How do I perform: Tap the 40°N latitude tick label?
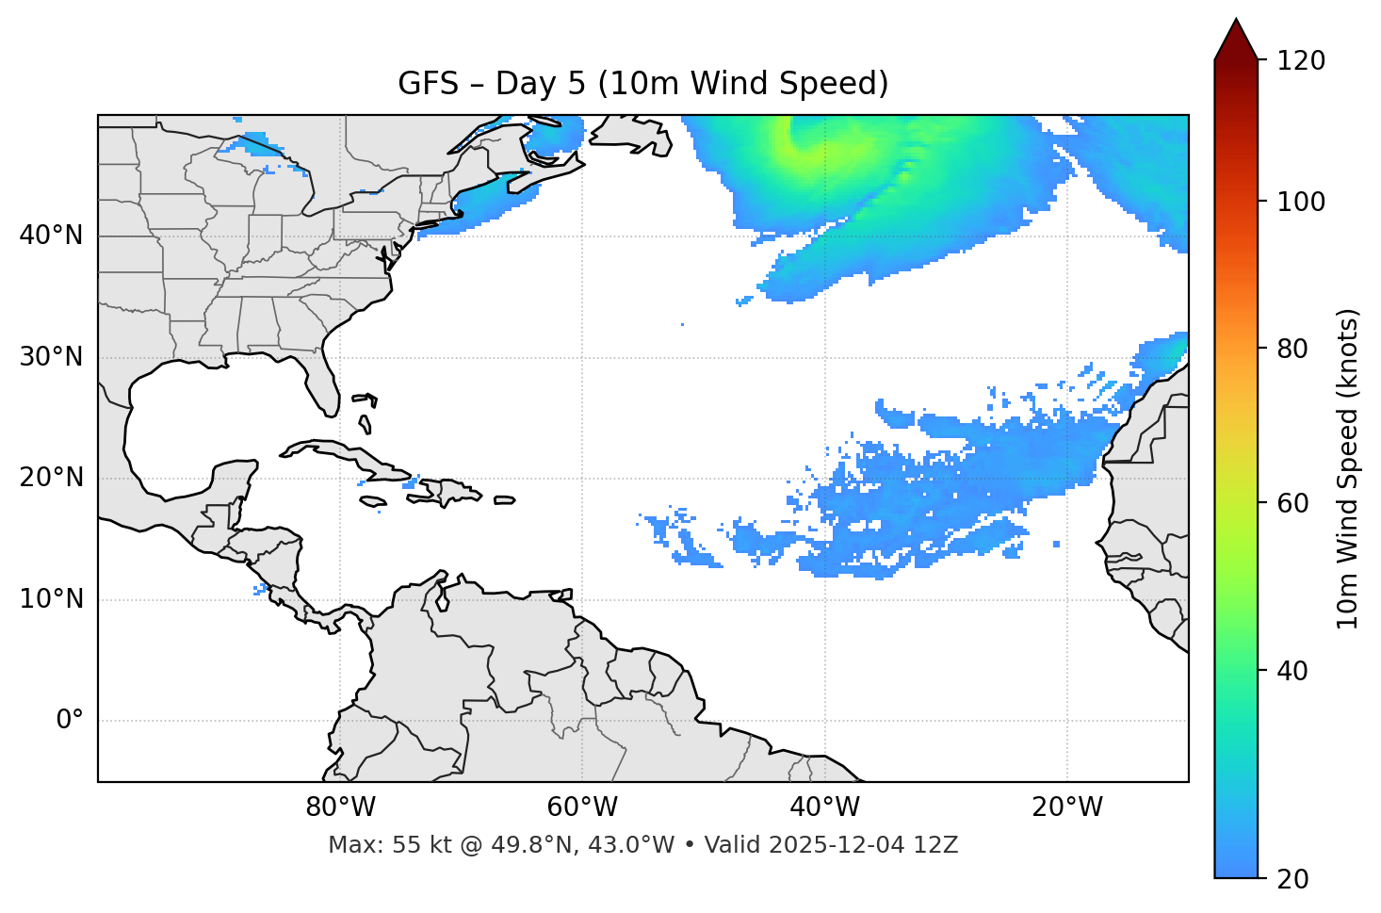point(51,236)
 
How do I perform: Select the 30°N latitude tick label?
point(51,357)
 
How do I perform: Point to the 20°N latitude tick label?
point(51,478)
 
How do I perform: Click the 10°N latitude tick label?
point(51,599)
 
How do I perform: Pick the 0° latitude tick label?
point(70,721)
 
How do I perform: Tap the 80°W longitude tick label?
point(340,807)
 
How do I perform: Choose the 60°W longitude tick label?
point(582,807)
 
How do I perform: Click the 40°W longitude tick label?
point(824,807)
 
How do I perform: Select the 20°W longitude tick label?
point(1066,807)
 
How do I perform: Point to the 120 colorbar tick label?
point(1301,61)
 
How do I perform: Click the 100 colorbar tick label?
point(1301,202)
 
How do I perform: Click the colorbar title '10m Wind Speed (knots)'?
point(1348,469)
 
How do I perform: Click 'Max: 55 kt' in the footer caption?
point(369,845)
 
